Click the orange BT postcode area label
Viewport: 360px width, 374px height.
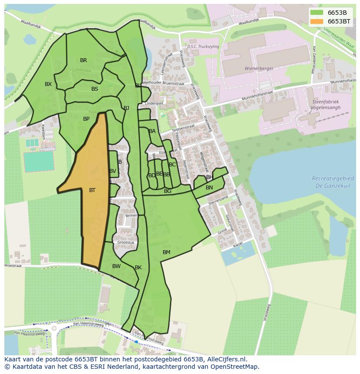[92, 190]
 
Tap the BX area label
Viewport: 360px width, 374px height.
[48, 84]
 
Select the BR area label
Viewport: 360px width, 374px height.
[83, 60]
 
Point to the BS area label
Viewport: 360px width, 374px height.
[95, 89]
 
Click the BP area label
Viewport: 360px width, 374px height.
[86, 119]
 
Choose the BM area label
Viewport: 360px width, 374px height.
[167, 252]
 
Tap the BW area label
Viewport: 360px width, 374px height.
[116, 266]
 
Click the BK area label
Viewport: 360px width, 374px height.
[138, 268]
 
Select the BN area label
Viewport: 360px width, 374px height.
[209, 188]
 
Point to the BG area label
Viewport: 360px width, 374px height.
[167, 191]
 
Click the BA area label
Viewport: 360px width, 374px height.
[152, 131]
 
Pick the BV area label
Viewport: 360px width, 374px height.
[113, 171]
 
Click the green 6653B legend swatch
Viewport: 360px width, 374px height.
[317, 12]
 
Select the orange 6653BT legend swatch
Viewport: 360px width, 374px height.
[317, 21]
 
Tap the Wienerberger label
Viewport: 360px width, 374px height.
[259, 69]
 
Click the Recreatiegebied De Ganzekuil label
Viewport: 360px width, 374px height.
[333, 182]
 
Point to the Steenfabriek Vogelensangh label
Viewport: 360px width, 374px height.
[325, 104]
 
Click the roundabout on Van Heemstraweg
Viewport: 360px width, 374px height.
[54, 328]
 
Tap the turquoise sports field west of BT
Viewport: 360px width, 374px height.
[39, 161]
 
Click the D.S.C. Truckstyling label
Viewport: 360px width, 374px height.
[203, 46]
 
